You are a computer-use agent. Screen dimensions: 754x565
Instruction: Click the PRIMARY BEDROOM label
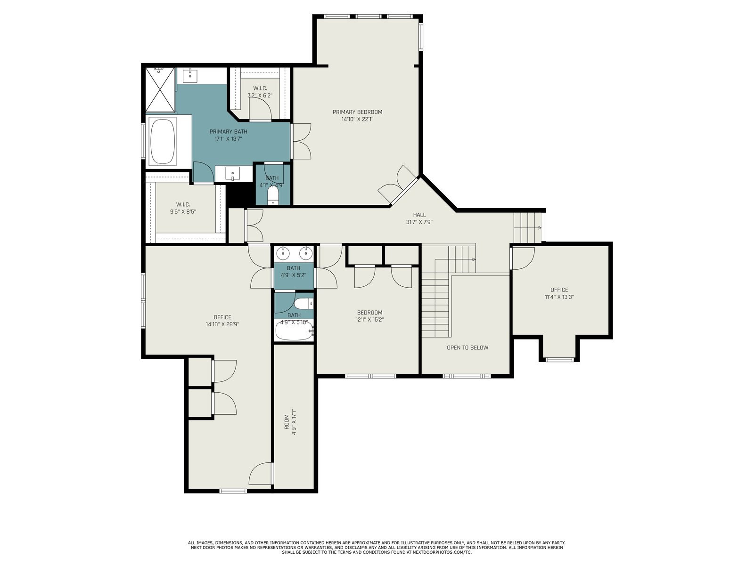357,112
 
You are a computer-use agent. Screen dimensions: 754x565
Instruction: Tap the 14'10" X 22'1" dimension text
357,120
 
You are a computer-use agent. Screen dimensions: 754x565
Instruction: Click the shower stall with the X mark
160,89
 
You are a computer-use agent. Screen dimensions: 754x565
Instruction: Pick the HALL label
419,215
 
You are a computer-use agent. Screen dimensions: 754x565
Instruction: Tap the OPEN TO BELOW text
467,347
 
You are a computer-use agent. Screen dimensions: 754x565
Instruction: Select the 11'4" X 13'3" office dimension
559,297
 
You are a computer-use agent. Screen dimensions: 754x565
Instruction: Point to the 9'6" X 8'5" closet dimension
183,212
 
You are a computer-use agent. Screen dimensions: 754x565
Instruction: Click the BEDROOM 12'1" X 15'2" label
369,316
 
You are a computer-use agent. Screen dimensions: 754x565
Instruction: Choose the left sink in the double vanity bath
282,253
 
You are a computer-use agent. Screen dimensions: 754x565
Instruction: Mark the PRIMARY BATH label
229,131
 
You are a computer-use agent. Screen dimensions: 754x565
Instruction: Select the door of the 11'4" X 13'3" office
523,258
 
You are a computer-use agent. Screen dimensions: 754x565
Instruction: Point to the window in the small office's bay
559,360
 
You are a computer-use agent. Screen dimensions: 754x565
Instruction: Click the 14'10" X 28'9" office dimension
222,324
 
